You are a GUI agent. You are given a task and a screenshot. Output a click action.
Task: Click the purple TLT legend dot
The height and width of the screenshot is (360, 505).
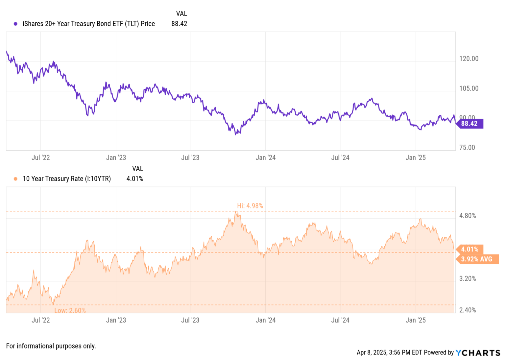coord(15,24)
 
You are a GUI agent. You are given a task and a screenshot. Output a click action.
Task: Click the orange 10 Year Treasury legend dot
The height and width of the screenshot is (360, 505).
coord(15,179)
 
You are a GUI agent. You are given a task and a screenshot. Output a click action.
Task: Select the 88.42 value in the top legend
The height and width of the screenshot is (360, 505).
coord(179,24)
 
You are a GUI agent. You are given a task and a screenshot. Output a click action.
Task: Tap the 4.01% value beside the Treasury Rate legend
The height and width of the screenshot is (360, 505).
coord(135,179)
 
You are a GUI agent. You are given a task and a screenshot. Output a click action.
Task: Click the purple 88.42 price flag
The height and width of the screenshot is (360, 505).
coord(469,124)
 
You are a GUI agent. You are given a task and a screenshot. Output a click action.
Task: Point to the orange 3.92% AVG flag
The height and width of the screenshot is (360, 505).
coord(476,259)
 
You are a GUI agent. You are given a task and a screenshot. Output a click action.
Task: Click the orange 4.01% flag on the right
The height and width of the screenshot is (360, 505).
coord(469,249)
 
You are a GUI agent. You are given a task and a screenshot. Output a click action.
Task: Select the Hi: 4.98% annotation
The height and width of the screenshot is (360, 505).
coord(250,206)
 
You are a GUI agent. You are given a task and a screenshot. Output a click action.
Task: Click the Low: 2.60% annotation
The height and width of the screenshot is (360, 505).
coord(70,310)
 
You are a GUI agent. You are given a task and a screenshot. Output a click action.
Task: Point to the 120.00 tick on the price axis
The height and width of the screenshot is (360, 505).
coord(469,59)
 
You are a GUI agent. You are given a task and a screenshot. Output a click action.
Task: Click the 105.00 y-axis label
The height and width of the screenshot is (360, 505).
coord(469,88)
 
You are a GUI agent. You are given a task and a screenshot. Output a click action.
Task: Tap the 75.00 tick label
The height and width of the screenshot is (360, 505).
coord(467,148)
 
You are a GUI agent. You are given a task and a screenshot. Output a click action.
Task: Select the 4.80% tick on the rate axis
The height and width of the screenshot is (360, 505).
coord(468,216)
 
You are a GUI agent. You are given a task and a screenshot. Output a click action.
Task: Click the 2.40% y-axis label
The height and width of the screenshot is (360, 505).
coord(468,310)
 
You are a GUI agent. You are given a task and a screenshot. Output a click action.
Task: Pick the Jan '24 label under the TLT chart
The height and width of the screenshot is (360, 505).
coord(266,158)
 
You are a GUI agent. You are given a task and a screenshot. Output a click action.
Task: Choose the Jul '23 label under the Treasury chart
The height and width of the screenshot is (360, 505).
coord(190,320)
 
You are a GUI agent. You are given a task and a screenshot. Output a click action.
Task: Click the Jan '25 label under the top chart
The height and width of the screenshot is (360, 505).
coord(416,158)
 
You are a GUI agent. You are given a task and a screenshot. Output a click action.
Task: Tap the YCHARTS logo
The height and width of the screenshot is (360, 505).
coord(478,353)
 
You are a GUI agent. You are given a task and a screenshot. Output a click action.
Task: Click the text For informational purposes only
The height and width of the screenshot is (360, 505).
coord(51,346)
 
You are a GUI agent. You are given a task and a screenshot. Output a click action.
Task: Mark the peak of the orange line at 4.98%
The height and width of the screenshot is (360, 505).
coord(236,212)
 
